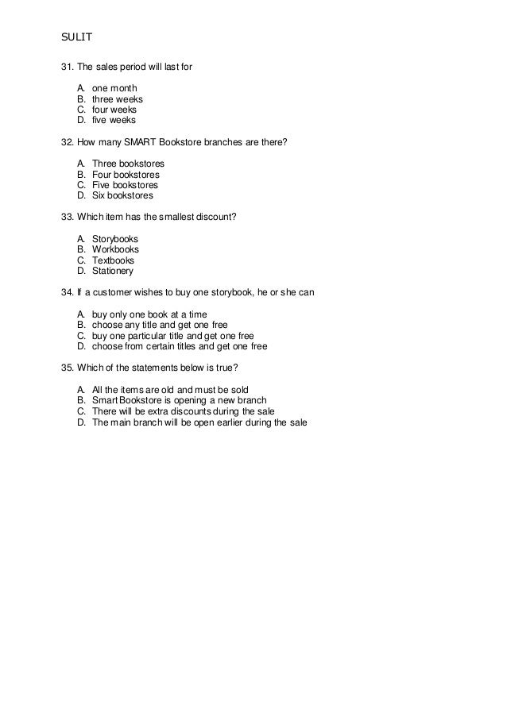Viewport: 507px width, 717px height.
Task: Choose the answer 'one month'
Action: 114,88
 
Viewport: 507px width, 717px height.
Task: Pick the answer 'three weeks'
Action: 118,99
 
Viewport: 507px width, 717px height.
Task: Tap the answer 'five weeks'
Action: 114,121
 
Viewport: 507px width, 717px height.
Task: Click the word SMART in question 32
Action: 155,142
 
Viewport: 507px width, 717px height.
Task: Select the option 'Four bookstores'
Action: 126,174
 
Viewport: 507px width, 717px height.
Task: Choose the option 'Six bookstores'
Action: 123,195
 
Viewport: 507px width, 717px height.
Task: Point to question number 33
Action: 67,217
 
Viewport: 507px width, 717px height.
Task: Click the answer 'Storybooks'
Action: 115,238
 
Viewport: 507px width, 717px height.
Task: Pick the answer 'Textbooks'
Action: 114,260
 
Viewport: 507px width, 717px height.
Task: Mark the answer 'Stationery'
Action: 114,271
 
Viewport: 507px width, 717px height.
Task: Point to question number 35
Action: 67,368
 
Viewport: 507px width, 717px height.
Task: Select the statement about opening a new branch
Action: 179,400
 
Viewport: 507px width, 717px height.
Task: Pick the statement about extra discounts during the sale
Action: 183,411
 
